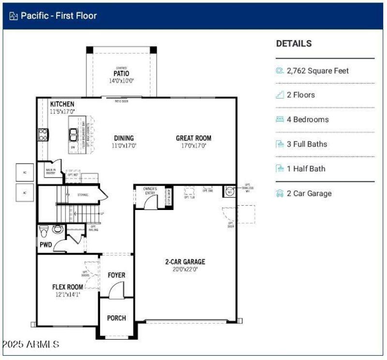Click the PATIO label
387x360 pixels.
click(x=121, y=74)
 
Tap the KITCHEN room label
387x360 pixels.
click(x=62, y=104)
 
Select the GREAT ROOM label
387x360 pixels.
click(x=193, y=138)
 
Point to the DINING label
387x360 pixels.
click(x=124, y=138)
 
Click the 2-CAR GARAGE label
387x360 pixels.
click(x=185, y=262)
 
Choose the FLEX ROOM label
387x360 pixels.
click(x=67, y=287)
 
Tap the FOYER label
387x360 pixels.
click(x=117, y=275)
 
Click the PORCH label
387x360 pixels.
click(x=117, y=318)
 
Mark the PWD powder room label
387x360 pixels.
click(x=45, y=245)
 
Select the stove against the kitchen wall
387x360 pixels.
click(x=43, y=134)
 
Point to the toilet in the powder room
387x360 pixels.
click(x=44, y=229)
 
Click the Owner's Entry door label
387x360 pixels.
click(x=150, y=191)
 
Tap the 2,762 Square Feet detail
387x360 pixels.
click(x=317, y=71)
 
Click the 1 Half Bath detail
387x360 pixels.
click(x=306, y=169)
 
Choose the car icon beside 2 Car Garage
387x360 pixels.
click(x=280, y=194)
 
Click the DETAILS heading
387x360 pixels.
click(x=294, y=44)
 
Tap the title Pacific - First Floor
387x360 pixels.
click(x=59, y=15)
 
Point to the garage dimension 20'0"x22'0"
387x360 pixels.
click(x=185, y=270)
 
